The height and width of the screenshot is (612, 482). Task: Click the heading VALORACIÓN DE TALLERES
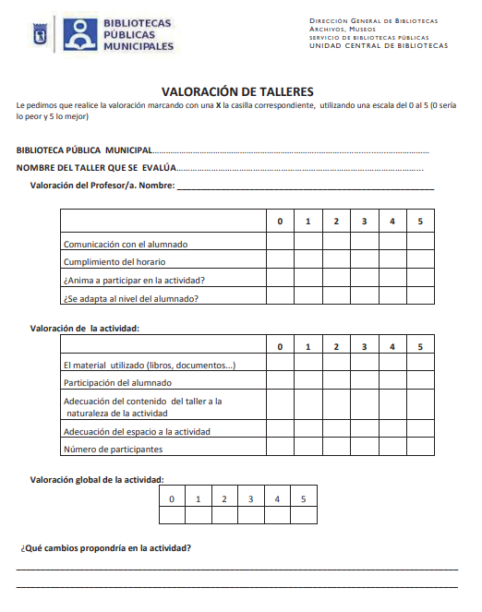click(237, 91)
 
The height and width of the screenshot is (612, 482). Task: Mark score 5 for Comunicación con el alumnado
click(420, 243)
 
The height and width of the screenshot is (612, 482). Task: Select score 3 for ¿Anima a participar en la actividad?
click(364, 279)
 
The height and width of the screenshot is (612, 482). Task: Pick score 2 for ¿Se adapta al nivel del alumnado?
click(336, 297)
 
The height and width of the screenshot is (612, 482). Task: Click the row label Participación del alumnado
click(116, 382)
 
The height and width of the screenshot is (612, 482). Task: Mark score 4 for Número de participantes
click(392, 449)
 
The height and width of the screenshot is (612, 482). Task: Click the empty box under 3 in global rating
click(250, 516)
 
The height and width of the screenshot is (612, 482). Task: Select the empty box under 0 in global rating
click(171, 516)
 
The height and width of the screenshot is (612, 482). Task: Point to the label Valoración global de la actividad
click(97, 479)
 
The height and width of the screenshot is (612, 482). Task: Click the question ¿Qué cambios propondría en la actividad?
click(105, 548)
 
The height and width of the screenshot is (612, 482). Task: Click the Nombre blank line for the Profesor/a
click(305, 186)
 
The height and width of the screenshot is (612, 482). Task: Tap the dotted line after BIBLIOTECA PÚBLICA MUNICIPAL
click(291, 150)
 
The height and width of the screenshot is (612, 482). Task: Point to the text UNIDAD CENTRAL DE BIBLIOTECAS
click(378, 45)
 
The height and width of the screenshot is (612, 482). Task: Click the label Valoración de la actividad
click(85, 327)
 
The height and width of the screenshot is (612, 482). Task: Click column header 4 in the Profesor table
click(392, 222)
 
